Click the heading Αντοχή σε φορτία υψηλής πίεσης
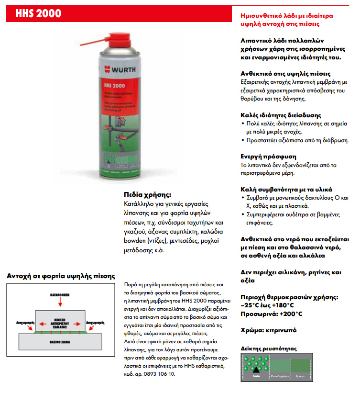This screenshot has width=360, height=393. pyautogui.click(x=60, y=276)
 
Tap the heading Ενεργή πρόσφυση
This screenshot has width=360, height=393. pyautogui.click(x=268, y=157)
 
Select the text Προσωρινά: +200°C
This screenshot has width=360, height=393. pyautogui.click(x=271, y=314)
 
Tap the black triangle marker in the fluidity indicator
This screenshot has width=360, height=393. pyautogui.click(x=256, y=369)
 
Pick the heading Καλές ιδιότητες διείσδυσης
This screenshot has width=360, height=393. pyautogui.click(x=280, y=115)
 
